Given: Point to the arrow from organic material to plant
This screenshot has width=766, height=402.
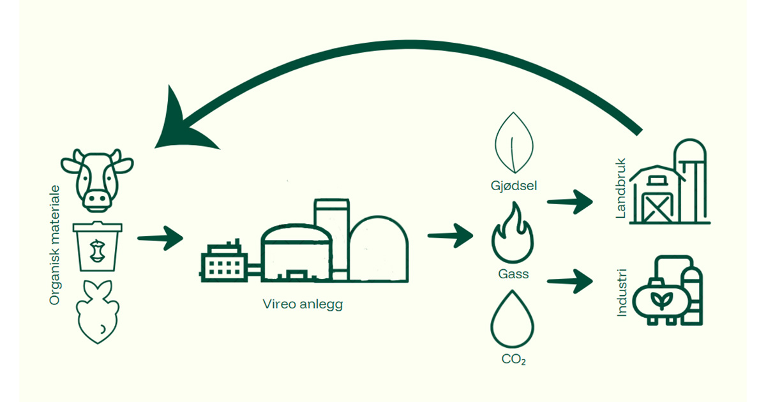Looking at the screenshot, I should click(x=160, y=239).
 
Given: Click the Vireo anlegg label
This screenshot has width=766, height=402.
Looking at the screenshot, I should click(x=303, y=304).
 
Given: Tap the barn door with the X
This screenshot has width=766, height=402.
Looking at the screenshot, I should click(x=654, y=205).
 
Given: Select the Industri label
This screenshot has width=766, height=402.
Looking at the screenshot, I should click(x=624, y=294).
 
